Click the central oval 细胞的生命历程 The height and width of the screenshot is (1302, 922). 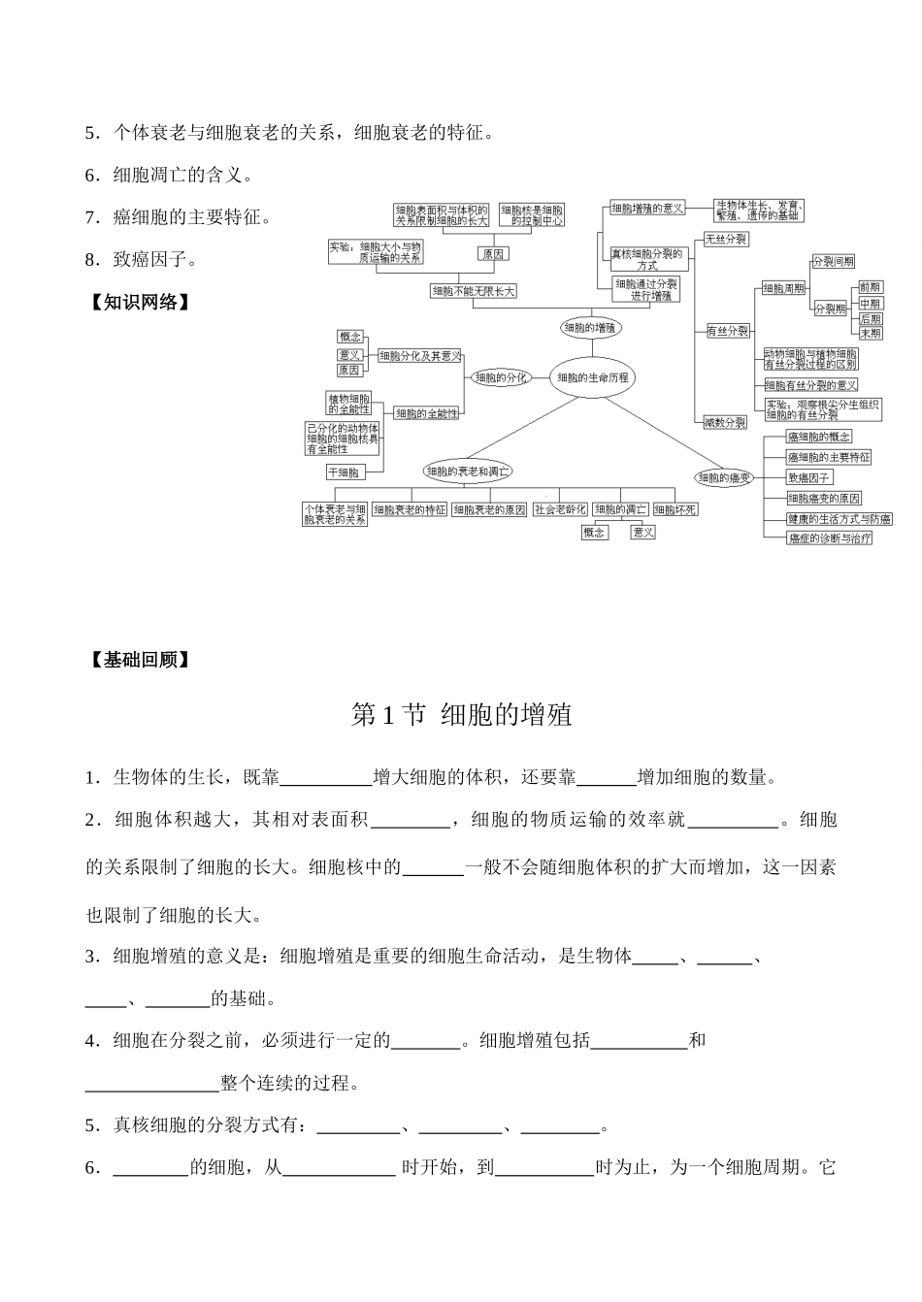[592, 377]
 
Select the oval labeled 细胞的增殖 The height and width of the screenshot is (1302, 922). [589, 328]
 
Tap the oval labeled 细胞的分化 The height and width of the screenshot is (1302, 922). [501, 377]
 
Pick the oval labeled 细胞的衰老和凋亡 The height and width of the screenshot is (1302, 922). [469, 472]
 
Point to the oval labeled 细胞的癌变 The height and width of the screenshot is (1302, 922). [724, 477]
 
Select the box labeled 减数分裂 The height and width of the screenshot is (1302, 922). [726, 422]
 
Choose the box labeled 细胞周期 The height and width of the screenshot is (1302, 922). [783, 288]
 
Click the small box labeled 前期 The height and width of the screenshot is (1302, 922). [870, 287]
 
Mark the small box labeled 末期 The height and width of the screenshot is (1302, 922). [870, 333]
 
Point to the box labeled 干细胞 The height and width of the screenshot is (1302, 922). [344, 472]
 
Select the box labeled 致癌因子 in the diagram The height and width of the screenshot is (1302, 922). [809, 477]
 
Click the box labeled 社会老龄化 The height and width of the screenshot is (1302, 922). [560, 509]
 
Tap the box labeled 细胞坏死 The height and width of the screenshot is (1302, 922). [675, 509]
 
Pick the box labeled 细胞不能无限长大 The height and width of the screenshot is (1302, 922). [474, 290]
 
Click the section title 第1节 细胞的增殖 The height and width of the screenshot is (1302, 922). [461, 716]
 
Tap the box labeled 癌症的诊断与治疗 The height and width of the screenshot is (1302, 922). [830, 537]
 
